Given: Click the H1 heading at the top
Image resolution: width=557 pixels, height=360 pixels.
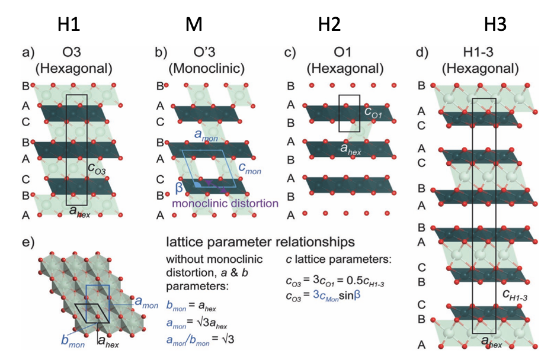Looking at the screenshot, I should (x=69, y=24).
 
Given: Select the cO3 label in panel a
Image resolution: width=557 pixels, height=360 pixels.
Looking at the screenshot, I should (x=97, y=168).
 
